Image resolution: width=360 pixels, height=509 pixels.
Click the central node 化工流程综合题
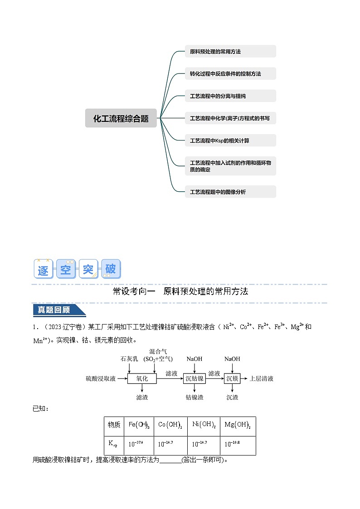[x=121, y=118]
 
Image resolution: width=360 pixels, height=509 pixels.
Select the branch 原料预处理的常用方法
[x=230, y=52]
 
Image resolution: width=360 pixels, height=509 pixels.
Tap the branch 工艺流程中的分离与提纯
[x=230, y=96]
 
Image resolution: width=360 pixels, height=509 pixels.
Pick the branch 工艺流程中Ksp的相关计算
[x=230, y=141]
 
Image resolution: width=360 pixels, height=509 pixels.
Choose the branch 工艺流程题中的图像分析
[x=230, y=192]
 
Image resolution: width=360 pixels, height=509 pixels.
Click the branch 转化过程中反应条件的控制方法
[x=230, y=73]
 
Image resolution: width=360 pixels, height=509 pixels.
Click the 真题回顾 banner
[x=58, y=310]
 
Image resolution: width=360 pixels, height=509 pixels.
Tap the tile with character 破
[x=111, y=269]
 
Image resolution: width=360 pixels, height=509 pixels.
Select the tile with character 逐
[x=44, y=269]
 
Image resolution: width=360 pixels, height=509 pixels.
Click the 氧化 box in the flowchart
[x=142, y=378]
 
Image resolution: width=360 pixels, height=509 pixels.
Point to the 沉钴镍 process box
[x=195, y=378]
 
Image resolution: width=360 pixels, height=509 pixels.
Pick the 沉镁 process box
[x=232, y=378]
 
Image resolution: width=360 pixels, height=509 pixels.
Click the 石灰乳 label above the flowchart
[x=129, y=359]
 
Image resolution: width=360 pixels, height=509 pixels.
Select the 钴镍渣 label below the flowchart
[x=195, y=398]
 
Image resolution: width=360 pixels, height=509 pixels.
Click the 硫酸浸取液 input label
[x=101, y=378]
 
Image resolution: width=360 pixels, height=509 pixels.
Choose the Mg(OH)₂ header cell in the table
[x=238, y=426]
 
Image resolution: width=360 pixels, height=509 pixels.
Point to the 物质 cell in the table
[x=114, y=426]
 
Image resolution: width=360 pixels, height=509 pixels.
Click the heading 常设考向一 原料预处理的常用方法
[x=180, y=291]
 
